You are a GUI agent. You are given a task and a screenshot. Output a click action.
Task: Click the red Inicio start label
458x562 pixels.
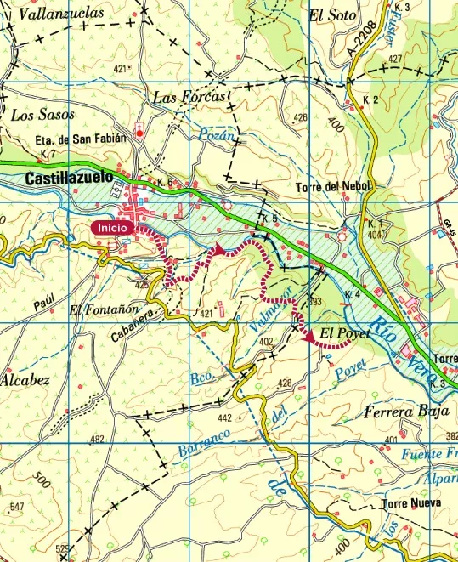(113, 227)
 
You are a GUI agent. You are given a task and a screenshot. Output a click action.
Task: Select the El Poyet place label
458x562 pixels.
(345, 332)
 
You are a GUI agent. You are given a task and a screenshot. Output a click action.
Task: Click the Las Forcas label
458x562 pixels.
(190, 98)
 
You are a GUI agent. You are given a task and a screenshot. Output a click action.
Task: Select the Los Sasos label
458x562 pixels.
(43, 115)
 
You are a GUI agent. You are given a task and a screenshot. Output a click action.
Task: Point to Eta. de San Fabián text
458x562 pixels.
(81, 138)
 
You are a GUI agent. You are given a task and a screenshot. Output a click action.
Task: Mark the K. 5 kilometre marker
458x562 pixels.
(269, 219)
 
